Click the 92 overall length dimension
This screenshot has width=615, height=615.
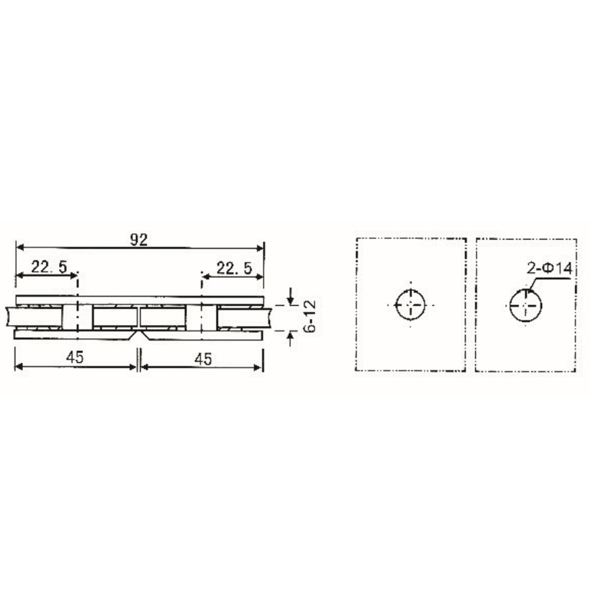139,239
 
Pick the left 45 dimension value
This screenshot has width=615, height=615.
75,357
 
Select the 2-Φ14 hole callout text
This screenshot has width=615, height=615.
548,270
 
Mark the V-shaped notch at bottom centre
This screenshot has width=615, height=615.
138,336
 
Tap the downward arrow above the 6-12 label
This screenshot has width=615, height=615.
290,297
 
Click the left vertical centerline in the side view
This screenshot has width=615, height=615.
77,307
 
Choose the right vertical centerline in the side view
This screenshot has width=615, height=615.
201,307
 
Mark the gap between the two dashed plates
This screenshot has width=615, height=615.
471,304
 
